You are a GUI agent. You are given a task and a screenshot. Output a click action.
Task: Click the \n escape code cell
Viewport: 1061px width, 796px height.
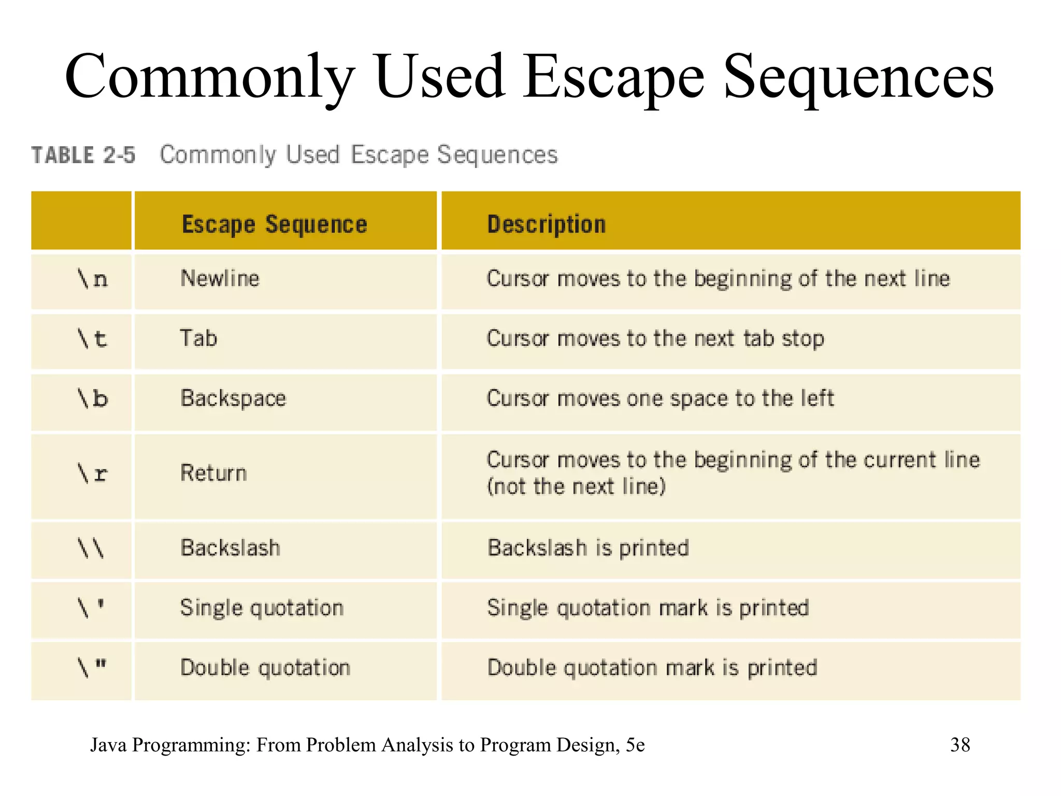(x=92, y=279)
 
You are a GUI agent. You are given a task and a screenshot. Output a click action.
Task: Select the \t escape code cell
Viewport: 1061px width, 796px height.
(x=92, y=339)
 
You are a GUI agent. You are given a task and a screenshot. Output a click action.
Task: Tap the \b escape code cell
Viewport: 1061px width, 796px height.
(x=92, y=399)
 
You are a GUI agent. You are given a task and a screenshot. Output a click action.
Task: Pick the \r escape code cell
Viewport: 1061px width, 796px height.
(x=92, y=474)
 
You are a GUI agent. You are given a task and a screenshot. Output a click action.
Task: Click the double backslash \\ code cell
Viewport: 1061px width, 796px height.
(x=91, y=548)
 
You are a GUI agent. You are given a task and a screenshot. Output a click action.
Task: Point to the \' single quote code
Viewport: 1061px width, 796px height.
(x=91, y=608)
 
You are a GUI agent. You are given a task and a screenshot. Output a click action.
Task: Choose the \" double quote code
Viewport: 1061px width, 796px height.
(x=91, y=667)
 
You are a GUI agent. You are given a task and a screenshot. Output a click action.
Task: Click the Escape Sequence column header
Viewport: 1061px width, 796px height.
(x=274, y=224)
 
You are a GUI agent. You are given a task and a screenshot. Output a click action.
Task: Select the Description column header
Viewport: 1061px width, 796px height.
(x=546, y=224)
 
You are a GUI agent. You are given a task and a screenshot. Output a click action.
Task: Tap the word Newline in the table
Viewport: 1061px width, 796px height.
(x=220, y=279)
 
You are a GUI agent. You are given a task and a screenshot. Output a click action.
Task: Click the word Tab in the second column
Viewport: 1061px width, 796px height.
(x=198, y=338)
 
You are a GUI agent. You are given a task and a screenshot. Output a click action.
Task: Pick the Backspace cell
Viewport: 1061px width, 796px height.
(x=233, y=399)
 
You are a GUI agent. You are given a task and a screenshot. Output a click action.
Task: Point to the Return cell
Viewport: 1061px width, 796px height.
(x=213, y=473)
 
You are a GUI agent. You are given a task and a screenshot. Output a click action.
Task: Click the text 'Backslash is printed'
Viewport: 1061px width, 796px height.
(x=588, y=548)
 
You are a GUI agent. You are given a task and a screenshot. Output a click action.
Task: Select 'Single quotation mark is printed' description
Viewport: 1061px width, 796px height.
(x=648, y=608)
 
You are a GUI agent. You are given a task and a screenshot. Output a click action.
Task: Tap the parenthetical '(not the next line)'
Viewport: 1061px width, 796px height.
(x=576, y=487)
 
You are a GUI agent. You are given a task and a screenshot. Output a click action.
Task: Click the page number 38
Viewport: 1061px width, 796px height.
(x=960, y=745)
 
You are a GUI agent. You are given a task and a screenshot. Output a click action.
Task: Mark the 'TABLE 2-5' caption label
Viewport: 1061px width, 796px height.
(x=83, y=155)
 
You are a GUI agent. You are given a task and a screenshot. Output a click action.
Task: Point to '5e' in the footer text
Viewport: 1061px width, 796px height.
(x=635, y=745)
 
